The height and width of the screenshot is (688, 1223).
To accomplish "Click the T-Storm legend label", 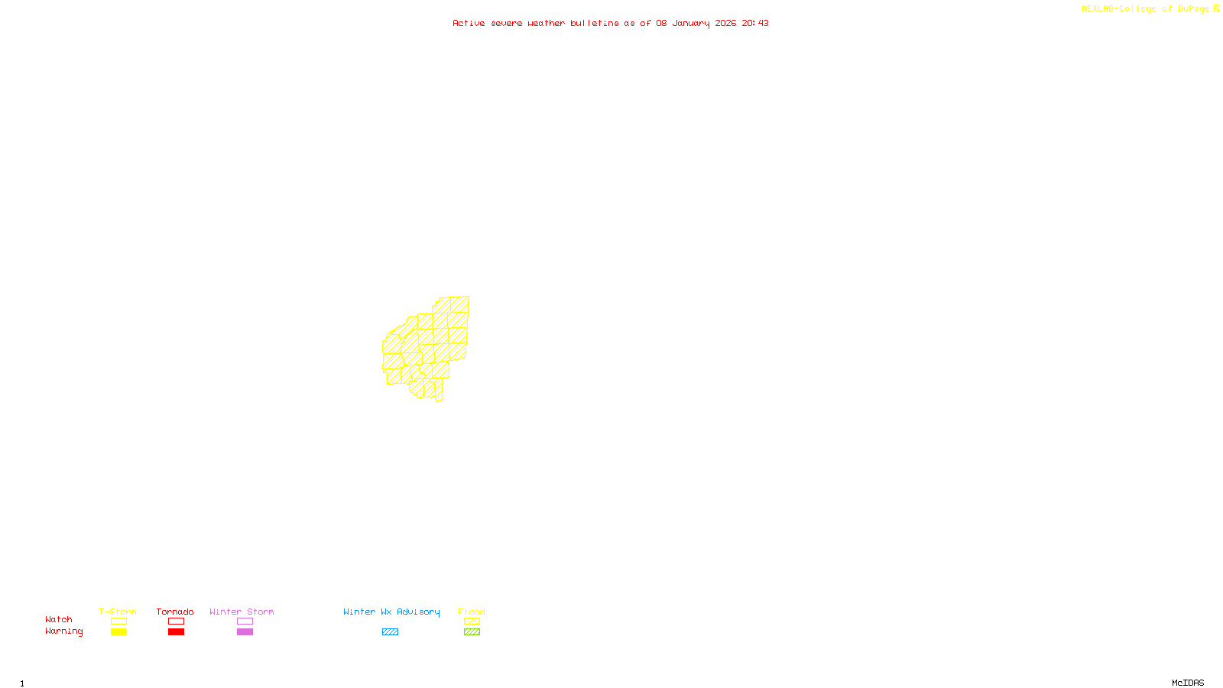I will (118, 612).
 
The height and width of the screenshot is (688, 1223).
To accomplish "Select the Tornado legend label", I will (175, 612).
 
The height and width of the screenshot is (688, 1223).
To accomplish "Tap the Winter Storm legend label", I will (242, 612).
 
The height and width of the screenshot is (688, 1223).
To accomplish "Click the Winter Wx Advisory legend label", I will (391, 612).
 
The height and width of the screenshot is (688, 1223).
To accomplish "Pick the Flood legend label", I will (472, 612).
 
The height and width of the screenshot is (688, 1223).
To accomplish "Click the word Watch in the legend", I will (59, 619).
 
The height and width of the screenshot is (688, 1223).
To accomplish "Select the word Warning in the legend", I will (63, 631).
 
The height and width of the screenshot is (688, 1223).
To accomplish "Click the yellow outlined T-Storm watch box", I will (118, 621).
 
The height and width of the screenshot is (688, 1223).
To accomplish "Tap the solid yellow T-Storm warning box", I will (118, 632).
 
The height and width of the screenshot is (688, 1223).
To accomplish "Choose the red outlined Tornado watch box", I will (177, 621).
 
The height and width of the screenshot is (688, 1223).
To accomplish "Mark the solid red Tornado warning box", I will (177, 632).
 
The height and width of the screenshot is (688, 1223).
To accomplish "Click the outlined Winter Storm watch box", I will (245, 621).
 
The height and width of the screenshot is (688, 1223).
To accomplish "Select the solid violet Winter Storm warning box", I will (245, 632).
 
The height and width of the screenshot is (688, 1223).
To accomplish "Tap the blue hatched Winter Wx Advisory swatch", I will (390, 632).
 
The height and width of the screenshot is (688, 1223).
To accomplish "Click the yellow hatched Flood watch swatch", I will (472, 621).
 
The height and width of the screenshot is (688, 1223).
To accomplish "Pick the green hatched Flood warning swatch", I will (472, 632).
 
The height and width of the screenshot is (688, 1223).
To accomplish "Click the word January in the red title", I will (691, 23).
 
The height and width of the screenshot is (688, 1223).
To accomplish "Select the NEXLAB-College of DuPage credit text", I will (1146, 9).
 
